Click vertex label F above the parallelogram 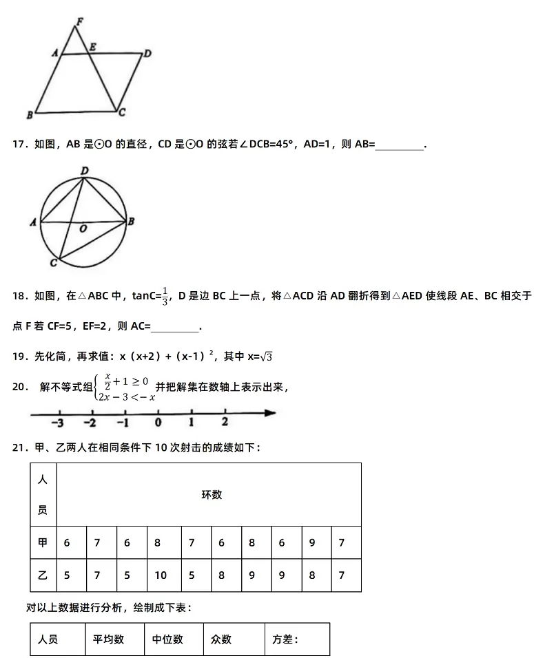point(79,21)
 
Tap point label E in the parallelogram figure point(92,47)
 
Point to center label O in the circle point(83,230)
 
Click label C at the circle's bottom point(54,263)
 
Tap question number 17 point(19,145)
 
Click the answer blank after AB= point(400,145)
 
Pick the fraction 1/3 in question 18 point(165,295)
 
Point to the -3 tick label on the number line point(59,423)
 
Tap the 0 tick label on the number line point(158,423)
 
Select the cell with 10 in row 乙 point(161,575)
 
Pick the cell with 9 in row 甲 point(312,542)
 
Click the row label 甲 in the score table point(43,542)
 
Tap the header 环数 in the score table point(212,495)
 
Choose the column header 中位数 point(168,639)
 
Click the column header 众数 point(222,639)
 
